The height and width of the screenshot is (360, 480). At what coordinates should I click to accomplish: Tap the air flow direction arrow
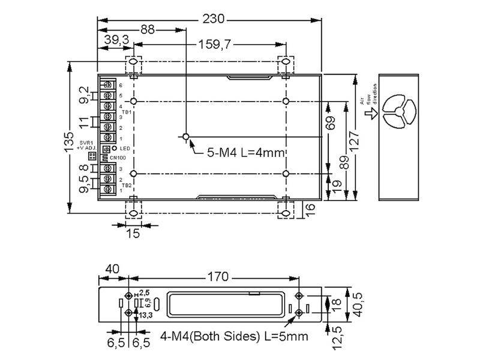coord(367,113)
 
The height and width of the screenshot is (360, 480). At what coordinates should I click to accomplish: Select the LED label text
coord(124,148)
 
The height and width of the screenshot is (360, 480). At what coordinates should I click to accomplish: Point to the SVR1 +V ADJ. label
coord(86,146)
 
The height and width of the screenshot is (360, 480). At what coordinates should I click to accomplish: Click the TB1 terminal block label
coord(126,112)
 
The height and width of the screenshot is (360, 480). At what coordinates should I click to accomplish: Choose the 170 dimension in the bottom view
coord(218,277)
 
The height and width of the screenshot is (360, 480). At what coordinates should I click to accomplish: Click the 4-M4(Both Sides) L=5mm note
coord(234,337)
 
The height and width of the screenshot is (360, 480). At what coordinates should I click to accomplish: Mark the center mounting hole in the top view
coord(187,137)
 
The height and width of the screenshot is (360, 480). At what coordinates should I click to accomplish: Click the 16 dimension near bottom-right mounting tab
coord(310,208)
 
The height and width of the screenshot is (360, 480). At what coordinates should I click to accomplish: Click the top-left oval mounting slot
coord(133,62)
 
